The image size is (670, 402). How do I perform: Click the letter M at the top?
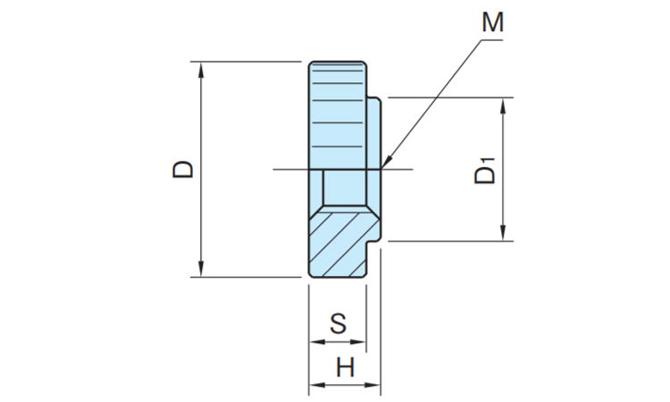(492, 21)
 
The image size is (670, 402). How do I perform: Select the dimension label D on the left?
(183, 169)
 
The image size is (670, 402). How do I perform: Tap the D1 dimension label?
(485, 171)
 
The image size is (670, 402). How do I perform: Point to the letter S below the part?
(338, 323)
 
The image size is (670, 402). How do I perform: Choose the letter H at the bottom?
(345, 367)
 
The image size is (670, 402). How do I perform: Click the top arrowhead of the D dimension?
(201, 70)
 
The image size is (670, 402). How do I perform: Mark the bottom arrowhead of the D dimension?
(201, 269)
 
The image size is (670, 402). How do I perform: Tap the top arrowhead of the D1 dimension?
(503, 106)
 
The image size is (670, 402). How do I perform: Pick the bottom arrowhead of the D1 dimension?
(503, 233)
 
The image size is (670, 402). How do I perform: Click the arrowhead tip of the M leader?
(381, 168)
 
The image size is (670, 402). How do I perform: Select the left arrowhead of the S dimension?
(317, 342)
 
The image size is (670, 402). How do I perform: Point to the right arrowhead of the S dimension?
(357, 342)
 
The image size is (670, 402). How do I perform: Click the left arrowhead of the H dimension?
(317, 385)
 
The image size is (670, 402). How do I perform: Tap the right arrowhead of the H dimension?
(372, 385)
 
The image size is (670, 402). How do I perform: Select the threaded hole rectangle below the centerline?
(345, 188)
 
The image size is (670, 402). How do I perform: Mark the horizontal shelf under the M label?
(492, 40)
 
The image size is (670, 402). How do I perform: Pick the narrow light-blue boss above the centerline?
(373, 133)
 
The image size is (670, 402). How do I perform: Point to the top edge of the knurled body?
(338, 62)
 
